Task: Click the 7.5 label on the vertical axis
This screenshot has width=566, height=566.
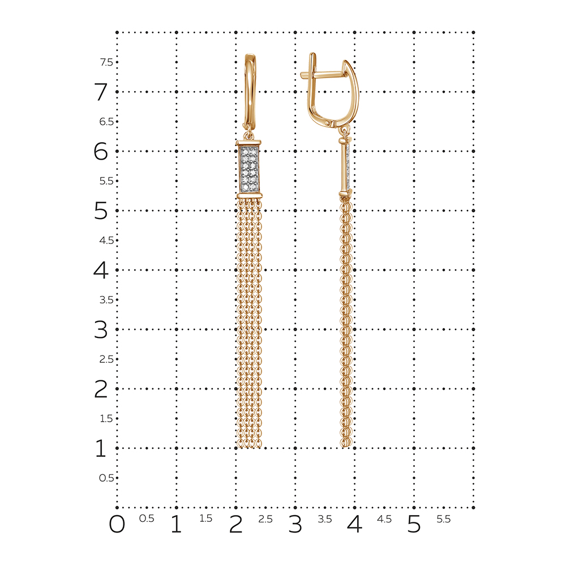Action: pyautogui.click(x=106, y=62)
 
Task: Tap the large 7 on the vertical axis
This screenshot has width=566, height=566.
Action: pyautogui.click(x=101, y=92)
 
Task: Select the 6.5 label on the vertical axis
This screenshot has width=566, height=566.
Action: pyautogui.click(x=106, y=122)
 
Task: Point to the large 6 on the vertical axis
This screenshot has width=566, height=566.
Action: pyautogui.click(x=101, y=151)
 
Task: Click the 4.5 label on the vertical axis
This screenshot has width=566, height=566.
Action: pyautogui.click(x=106, y=241)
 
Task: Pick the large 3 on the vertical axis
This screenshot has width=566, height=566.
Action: pyautogui.click(x=101, y=329)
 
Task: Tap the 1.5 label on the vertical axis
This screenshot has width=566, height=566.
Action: pyautogui.click(x=106, y=419)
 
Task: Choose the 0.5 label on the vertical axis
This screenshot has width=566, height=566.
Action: pyautogui.click(x=106, y=478)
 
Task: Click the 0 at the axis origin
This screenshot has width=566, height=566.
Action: pyautogui.click(x=117, y=524)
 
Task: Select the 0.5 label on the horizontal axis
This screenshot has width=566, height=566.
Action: pyautogui.click(x=147, y=518)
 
